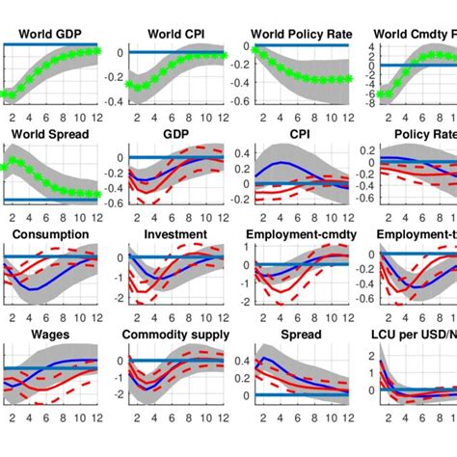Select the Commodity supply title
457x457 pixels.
tap(170, 335)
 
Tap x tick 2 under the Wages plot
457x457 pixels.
tap(13, 417)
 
